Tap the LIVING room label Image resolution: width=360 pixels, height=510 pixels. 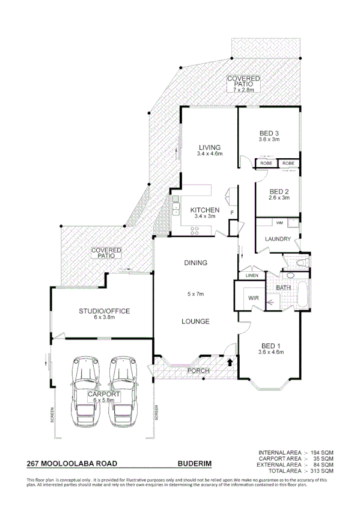pyautogui.click(x=210, y=147)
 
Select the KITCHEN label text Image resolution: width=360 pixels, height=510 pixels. pyautogui.click(x=204, y=210)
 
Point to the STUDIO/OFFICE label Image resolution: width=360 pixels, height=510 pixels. pyautogui.click(x=105, y=311)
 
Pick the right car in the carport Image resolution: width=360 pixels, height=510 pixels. pyautogui.click(x=124, y=391)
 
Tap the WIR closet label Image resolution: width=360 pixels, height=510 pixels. pyautogui.click(x=252, y=298)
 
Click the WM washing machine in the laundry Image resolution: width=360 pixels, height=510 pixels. pyautogui.click(x=263, y=223)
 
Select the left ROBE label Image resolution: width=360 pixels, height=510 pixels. pyautogui.click(x=266, y=164)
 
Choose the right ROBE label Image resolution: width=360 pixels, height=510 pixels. pyautogui.click(x=288, y=164)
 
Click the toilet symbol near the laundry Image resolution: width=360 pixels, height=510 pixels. pyautogui.click(x=299, y=263)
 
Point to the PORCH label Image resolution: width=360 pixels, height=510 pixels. pyautogui.click(x=198, y=370)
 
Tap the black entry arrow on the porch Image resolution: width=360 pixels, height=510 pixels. pyautogui.click(x=230, y=363)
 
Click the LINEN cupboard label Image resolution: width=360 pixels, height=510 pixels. pyautogui.click(x=252, y=275)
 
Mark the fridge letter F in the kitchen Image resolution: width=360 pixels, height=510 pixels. pyautogui.click(x=231, y=211)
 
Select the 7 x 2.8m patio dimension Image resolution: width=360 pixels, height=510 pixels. pyautogui.click(x=244, y=89)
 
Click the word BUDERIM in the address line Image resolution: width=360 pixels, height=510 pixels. pyautogui.click(x=195, y=464)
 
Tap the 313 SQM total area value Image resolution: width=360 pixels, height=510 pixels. pyautogui.click(x=323, y=470)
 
